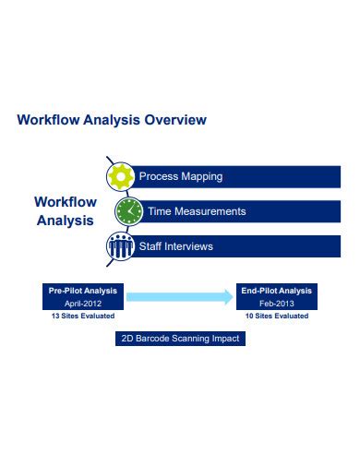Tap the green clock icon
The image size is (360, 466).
[x=128, y=211]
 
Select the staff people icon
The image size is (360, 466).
[x=120, y=246]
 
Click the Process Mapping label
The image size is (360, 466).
[x=180, y=176]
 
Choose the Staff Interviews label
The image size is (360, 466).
[x=175, y=246]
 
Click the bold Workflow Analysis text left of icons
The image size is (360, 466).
[x=65, y=210]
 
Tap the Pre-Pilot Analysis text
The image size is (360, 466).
[x=83, y=291]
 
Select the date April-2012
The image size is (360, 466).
[x=83, y=303]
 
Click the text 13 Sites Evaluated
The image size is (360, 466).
[x=83, y=316]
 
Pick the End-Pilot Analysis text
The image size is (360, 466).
[x=277, y=291]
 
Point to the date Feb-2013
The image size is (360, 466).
[x=277, y=303]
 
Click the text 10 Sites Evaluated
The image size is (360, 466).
[x=277, y=316]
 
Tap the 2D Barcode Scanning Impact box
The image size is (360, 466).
[x=180, y=339]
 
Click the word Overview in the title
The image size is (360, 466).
[x=174, y=120]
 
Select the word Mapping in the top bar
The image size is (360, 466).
[x=202, y=176]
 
